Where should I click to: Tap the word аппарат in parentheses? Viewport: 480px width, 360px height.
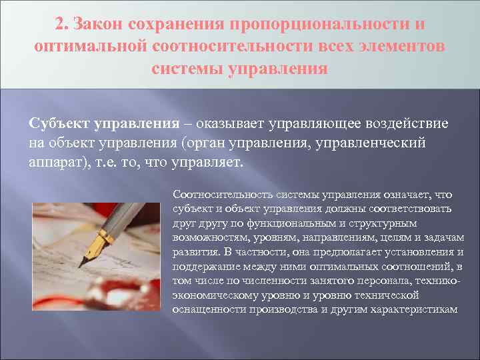click(55, 162)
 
